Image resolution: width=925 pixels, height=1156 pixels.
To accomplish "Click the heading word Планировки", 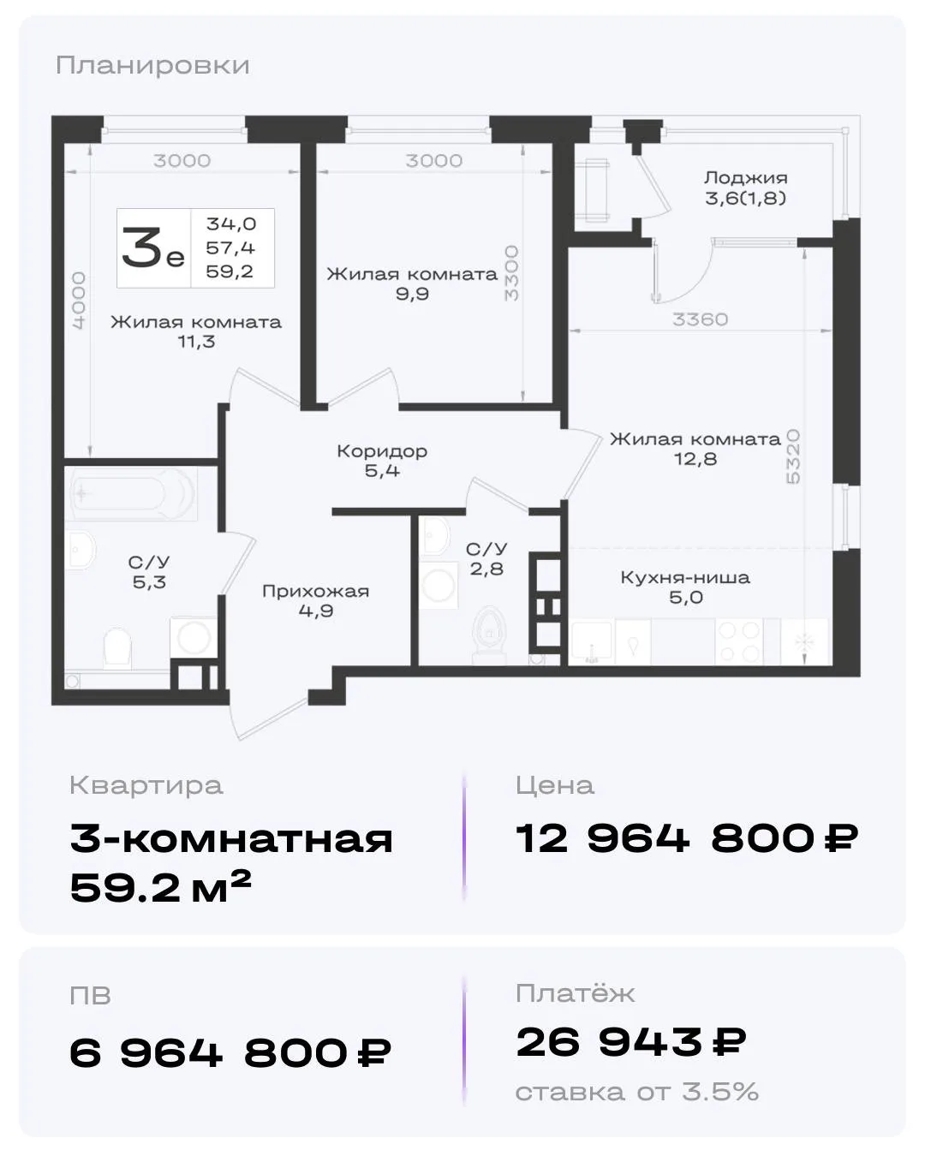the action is (152, 66).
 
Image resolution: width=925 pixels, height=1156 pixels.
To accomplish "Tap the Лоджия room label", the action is (745, 177).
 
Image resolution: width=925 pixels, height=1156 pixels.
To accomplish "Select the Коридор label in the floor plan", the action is (382, 451).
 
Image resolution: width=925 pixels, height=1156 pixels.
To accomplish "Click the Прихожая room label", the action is (315, 592).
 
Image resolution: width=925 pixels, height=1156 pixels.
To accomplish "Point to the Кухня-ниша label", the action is (685, 577).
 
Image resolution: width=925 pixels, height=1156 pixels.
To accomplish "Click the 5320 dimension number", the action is (793, 456).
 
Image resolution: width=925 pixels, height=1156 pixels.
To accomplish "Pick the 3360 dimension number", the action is (701, 319).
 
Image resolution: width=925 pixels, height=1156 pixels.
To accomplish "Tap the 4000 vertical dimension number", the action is (79, 301).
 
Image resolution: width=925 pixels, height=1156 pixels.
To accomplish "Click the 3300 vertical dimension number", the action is (511, 273).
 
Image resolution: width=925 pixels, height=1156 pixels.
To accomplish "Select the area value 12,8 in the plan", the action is (695, 459).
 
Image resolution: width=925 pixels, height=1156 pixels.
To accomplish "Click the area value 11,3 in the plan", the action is (196, 342).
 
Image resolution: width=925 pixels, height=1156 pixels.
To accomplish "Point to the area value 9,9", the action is (412, 295).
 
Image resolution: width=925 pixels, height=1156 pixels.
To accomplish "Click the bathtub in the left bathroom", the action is (131, 493).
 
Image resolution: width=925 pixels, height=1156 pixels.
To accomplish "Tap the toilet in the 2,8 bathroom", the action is (489, 635).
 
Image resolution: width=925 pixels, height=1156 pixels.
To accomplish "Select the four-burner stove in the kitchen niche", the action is (739, 641).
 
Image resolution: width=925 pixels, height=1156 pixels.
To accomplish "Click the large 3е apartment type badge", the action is (153, 248).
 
